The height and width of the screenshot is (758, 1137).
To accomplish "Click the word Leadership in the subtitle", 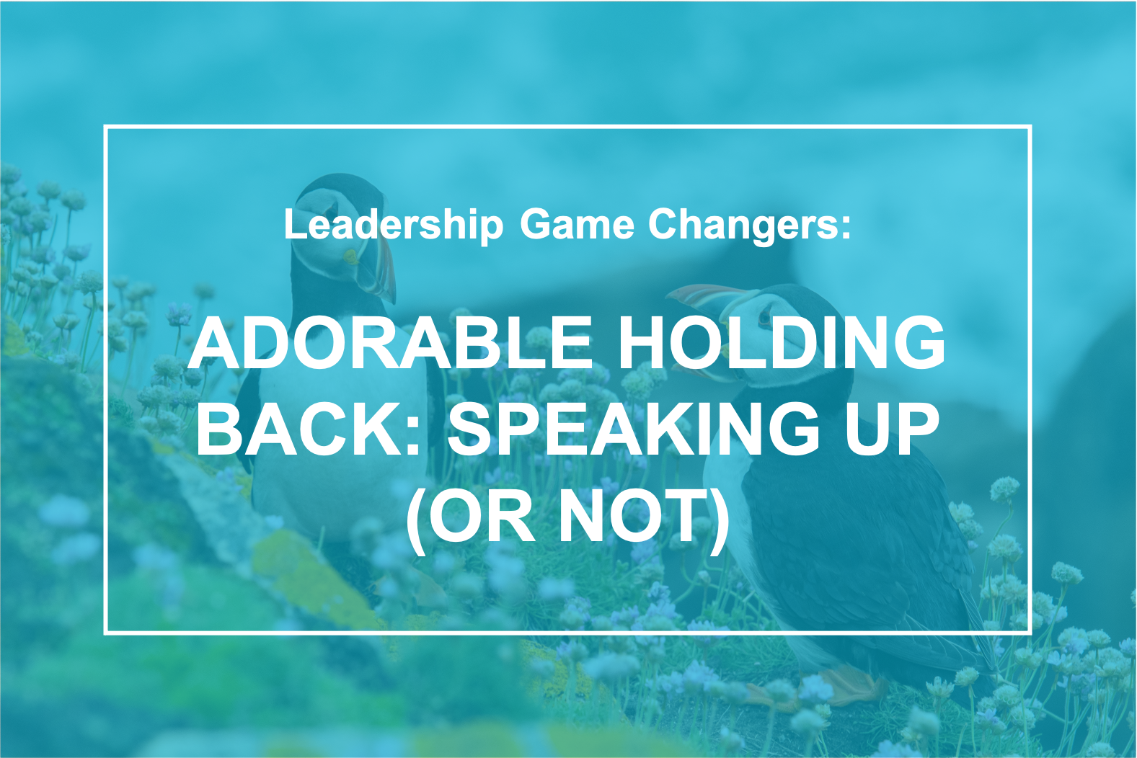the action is pos(393,225).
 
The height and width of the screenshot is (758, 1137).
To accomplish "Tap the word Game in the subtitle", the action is pos(577,224).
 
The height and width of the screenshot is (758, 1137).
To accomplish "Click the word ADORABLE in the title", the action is pos(390,342).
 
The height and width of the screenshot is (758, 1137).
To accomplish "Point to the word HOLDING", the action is pos(782,342).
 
